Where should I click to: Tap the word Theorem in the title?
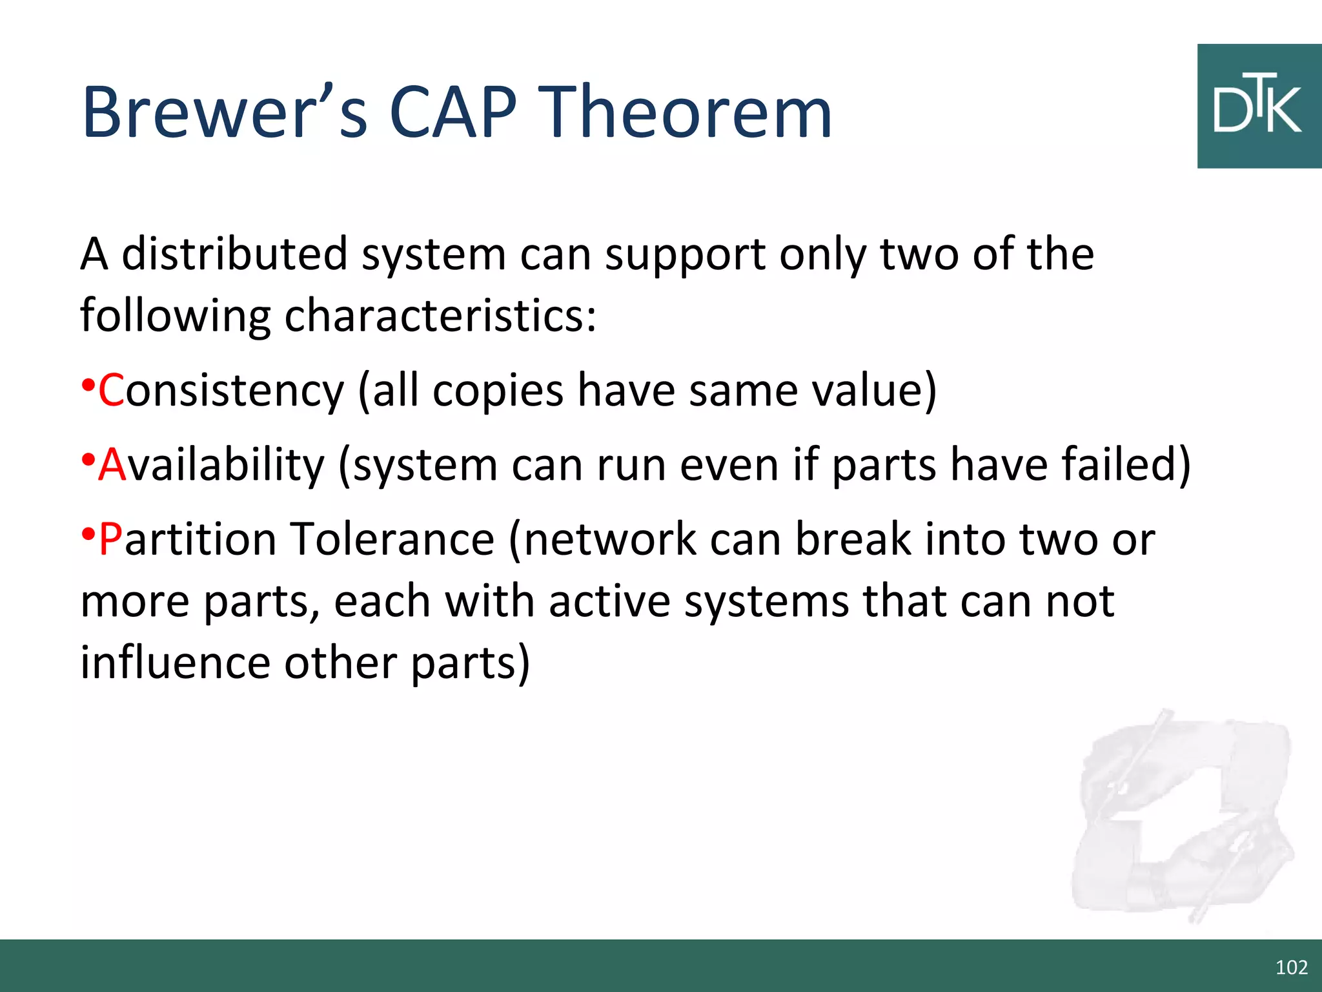click(684, 113)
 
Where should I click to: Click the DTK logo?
click(1259, 107)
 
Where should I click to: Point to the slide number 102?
click(1291, 967)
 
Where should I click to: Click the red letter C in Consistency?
click(111, 391)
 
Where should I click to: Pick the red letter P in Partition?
click(110, 539)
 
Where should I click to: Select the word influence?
click(174, 663)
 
